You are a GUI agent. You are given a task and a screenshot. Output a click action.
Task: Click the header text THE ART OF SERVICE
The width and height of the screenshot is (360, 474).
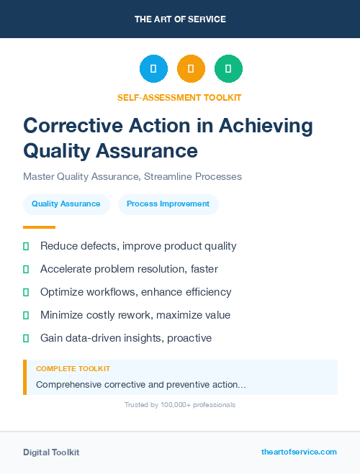(180, 19)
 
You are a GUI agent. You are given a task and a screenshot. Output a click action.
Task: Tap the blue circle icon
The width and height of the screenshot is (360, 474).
(153, 69)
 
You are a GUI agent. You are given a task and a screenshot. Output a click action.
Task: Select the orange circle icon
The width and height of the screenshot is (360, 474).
(191, 69)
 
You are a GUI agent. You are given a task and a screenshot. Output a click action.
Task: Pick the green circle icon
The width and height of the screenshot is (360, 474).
(228, 69)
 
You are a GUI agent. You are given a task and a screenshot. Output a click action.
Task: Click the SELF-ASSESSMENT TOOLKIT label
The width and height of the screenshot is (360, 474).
(180, 97)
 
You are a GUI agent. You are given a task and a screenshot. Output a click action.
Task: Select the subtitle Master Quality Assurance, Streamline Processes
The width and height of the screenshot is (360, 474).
(132, 176)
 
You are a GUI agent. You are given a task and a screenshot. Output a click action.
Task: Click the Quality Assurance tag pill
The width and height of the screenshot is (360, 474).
(66, 204)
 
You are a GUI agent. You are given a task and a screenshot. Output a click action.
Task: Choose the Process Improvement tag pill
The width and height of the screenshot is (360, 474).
(168, 204)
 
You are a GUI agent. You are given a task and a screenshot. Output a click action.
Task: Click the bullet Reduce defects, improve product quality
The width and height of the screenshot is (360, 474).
(138, 246)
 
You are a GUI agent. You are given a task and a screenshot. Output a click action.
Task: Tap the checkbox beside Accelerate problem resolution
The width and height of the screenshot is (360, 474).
(26, 269)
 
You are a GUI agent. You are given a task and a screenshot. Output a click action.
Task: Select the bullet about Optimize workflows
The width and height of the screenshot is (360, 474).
(136, 292)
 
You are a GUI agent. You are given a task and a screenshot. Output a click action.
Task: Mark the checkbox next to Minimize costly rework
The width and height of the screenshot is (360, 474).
(26, 315)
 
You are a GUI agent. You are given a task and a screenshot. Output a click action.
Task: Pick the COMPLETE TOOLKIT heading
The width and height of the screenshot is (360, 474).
(73, 368)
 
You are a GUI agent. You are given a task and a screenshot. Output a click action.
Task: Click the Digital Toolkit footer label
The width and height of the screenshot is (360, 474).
(51, 452)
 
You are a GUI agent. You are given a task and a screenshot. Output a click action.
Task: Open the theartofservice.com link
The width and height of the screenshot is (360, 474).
(299, 452)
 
